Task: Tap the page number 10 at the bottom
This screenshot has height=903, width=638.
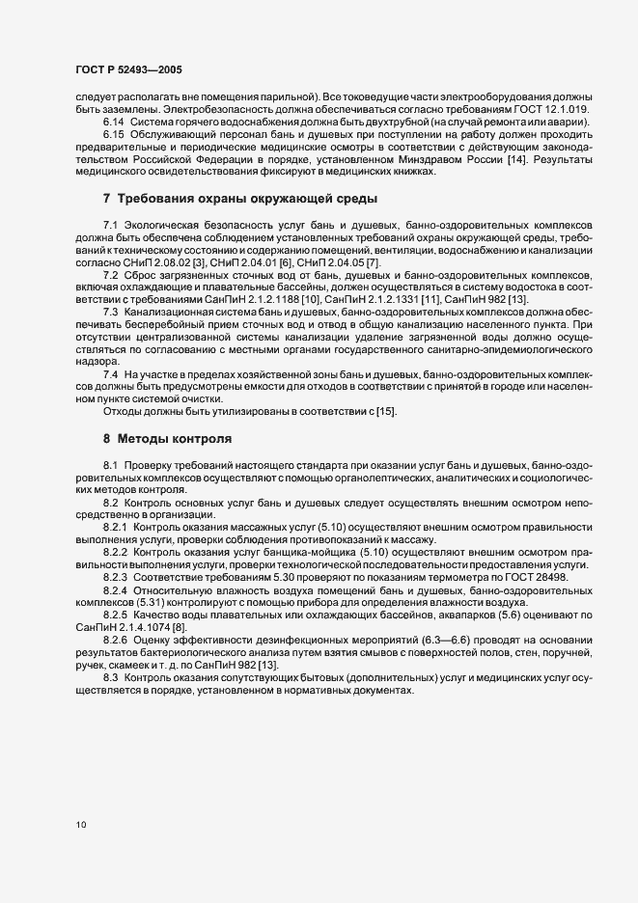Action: [81, 825]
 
